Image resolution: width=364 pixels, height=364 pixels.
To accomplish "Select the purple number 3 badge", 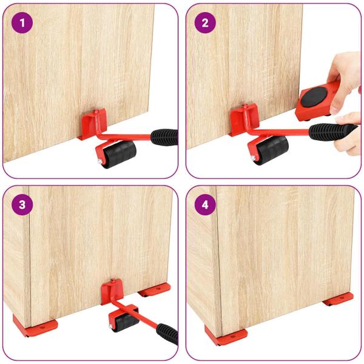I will [22, 204].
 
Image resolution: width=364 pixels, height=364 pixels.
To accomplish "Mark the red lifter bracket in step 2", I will [243, 118].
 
